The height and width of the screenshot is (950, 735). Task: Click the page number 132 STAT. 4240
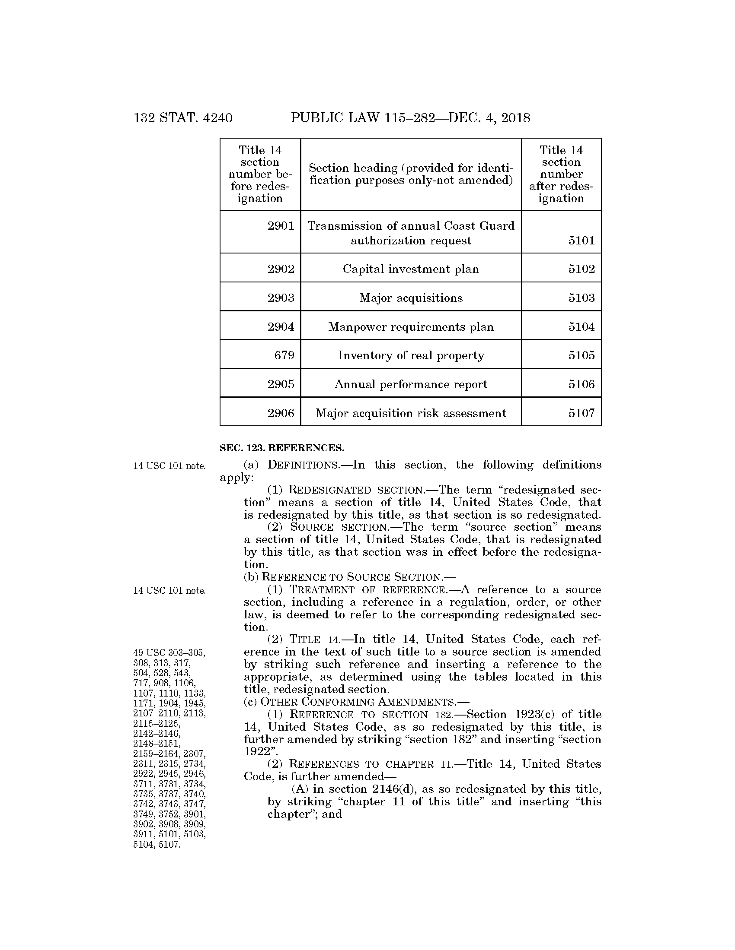183,118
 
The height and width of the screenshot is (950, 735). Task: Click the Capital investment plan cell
411,269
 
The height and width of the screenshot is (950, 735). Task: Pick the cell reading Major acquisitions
411,298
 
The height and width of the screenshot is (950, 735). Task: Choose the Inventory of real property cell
411,355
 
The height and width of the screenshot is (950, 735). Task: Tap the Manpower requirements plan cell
411,327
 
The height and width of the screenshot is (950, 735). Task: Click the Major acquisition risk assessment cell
411,413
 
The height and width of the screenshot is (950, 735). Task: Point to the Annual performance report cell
411,384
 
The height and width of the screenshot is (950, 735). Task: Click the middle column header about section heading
411,174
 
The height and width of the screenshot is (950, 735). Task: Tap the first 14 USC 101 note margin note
169,466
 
